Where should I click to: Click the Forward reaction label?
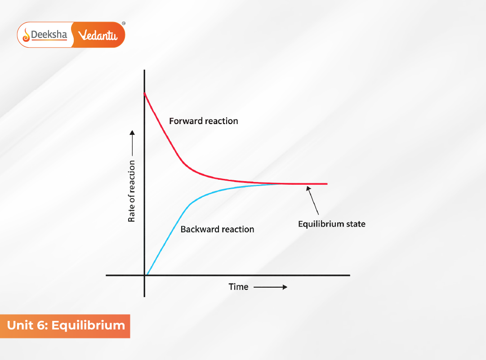(203, 121)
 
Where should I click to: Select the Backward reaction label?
(217, 229)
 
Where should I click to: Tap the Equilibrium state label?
(332, 224)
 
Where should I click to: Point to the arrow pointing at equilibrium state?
(313, 202)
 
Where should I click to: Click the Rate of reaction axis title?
(132, 191)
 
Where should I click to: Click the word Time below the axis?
(238, 287)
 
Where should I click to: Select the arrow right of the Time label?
(270, 287)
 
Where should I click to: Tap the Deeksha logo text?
(49, 34)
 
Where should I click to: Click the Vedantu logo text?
(98, 35)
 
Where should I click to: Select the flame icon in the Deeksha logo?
(26, 35)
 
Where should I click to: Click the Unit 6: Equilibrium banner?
(66, 325)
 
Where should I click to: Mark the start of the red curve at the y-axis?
(144, 93)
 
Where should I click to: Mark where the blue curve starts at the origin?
(147, 274)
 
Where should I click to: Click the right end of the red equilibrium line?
(326, 184)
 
